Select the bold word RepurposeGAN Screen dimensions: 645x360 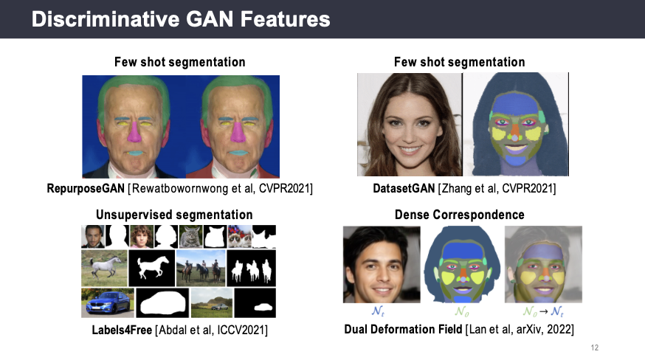86,188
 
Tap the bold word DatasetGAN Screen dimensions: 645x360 404,188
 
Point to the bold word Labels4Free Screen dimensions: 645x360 122,330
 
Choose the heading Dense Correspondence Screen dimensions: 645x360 460,215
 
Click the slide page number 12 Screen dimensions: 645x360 594,347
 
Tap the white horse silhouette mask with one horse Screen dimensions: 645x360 152,269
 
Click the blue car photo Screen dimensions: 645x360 108,302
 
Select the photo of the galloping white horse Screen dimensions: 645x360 105,269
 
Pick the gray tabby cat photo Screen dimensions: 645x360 190,237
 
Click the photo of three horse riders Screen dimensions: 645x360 201,269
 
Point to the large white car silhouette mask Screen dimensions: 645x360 162,302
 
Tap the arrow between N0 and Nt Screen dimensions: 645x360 543,311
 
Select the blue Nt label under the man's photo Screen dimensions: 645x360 378,311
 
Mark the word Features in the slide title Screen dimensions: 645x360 285,19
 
